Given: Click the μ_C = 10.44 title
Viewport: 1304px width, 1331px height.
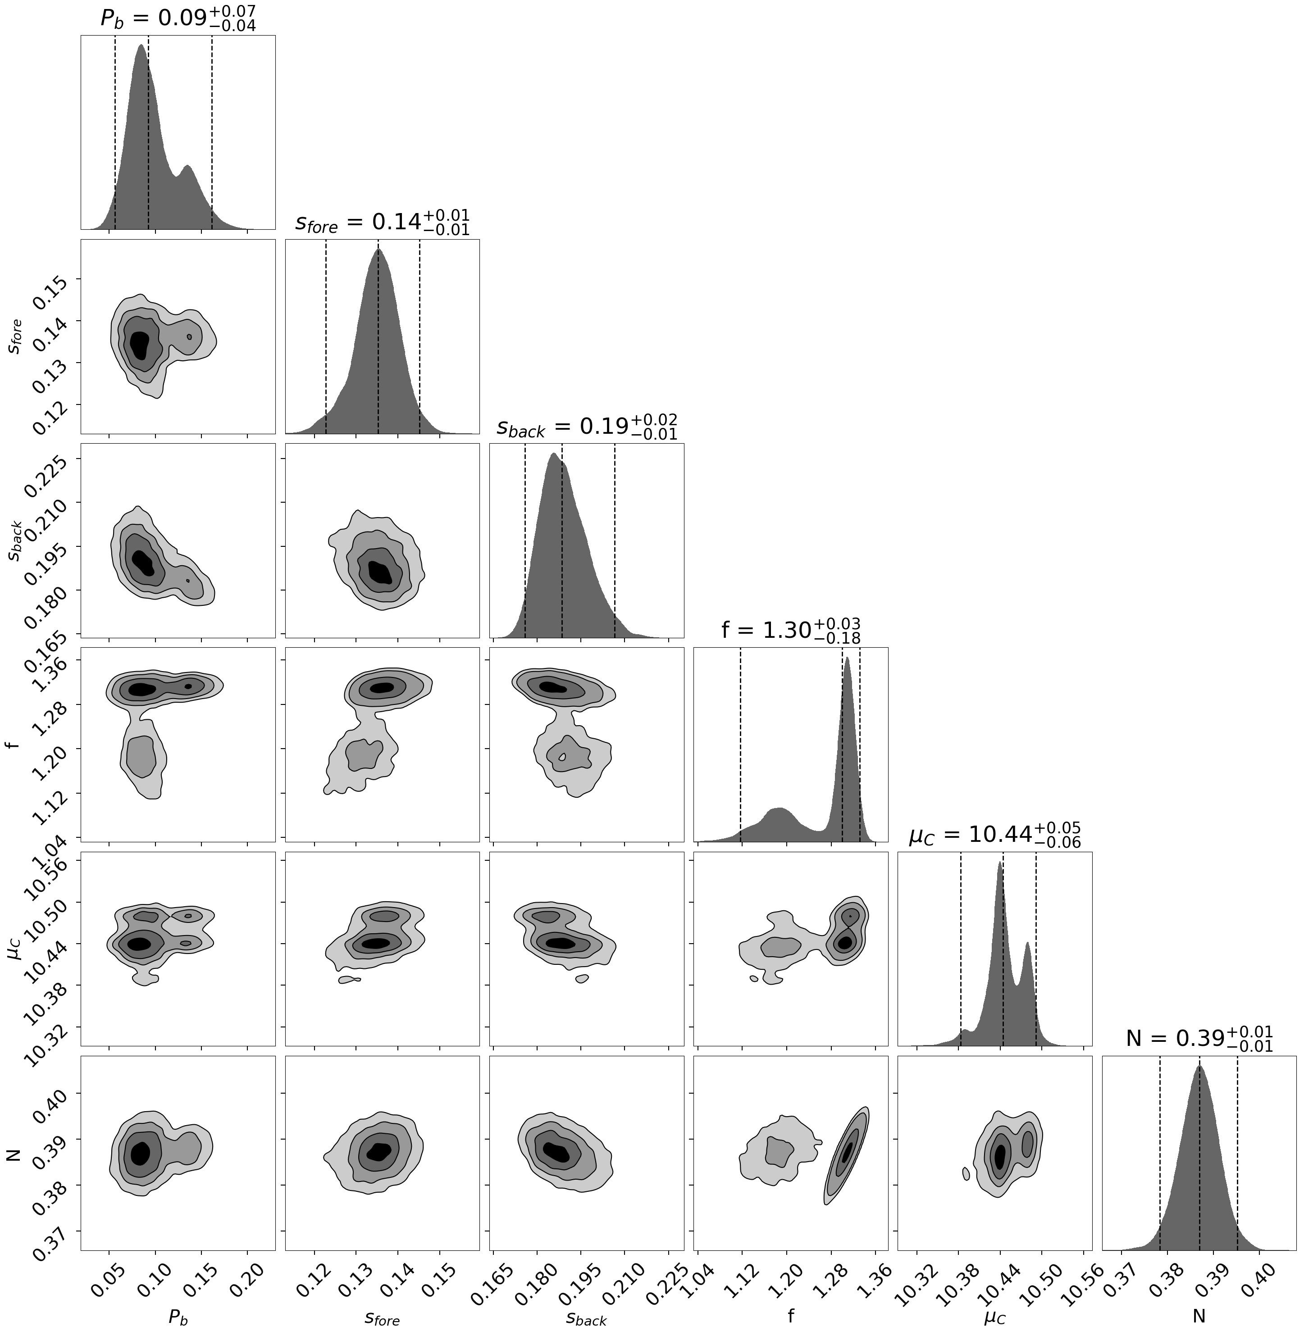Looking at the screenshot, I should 994,835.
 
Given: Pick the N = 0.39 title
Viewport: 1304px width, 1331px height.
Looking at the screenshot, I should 1199,1039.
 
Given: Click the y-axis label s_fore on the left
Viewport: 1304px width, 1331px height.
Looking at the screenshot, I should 15,336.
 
